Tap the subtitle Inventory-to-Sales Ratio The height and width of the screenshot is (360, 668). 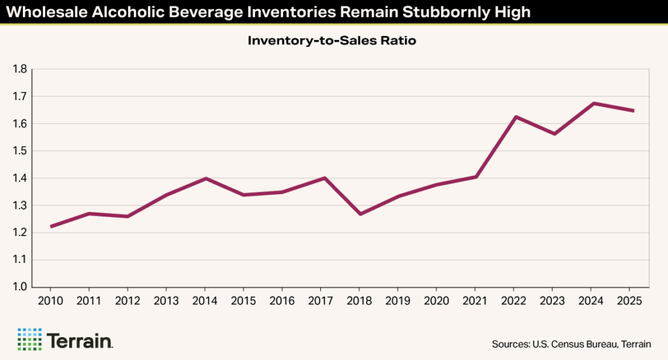click(331, 41)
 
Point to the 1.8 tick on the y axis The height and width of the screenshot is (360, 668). click(19, 69)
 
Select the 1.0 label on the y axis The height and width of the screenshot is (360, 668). click(19, 287)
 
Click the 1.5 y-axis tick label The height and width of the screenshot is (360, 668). click(19, 151)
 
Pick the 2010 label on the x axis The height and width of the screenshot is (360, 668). click(50, 301)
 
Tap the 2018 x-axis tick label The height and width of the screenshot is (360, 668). click(359, 301)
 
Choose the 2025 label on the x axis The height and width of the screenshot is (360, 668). click(630, 301)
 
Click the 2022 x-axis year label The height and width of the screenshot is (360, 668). click(513, 301)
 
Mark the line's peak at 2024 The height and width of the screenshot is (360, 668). click(591, 103)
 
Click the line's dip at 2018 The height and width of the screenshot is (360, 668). click(359, 214)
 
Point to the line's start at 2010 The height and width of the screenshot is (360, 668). click(50, 226)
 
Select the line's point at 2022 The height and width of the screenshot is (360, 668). click(513, 117)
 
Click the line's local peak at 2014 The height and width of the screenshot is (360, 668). click(205, 178)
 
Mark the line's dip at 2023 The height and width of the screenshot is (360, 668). click(553, 134)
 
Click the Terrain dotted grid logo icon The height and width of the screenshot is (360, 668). click(29, 340)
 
